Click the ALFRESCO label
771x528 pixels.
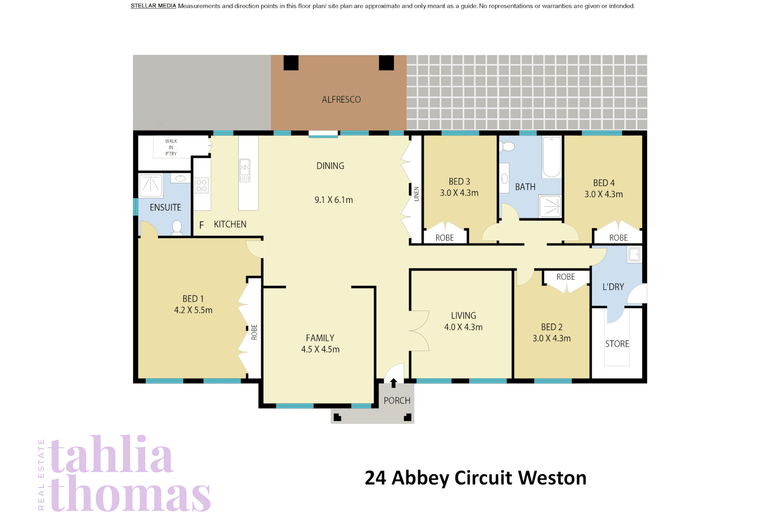tap(341, 99)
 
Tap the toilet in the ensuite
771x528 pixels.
tap(177, 228)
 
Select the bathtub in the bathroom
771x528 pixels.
tap(551, 157)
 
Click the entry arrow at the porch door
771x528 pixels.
tap(393, 383)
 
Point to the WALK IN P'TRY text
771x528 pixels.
tap(171, 147)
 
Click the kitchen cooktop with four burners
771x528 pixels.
tap(202, 185)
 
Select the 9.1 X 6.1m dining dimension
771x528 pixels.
tap(333, 199)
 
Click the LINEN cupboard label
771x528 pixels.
tap(416, 194)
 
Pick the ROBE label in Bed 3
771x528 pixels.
tap(444, 238)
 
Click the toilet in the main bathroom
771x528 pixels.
tap(508, 146)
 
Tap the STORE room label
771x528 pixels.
tap(616, 344)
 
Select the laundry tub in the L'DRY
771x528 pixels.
tap(634, 254)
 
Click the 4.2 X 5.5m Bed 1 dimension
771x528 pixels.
tap(193, 310)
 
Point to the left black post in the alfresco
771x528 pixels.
tap(291, 63)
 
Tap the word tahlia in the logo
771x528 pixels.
tap(112, 455)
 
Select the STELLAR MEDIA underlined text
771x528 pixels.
tap(153, 6)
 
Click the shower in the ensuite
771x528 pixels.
tap(151, 185)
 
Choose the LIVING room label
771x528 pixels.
tap(463, 315)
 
